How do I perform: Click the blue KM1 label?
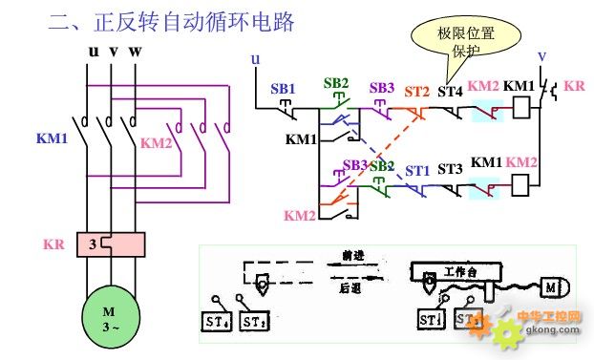pos(53,138)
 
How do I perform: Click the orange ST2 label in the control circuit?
pos(417,92)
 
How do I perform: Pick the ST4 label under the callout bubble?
pos(450,92)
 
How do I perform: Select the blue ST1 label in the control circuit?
pos(416,171)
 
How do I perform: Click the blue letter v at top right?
pos(541,54)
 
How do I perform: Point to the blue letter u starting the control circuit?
pos(255,59)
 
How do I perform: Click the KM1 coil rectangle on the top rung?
pos(521,110)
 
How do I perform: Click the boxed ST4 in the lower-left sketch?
pos(215,322)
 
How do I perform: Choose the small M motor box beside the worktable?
pos(555,286)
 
